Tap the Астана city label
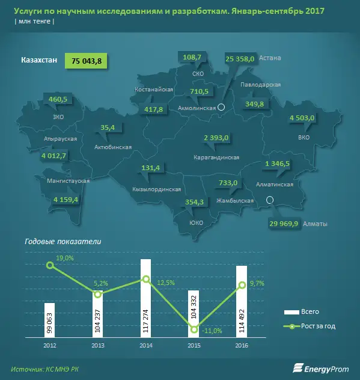click(270, 58)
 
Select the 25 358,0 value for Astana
click(240, 58)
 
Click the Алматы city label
click(316, 224)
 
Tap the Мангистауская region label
click(69, 181)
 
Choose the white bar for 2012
click(49, 320)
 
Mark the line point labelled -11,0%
click(194, 329)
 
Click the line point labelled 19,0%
click(49, 265)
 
